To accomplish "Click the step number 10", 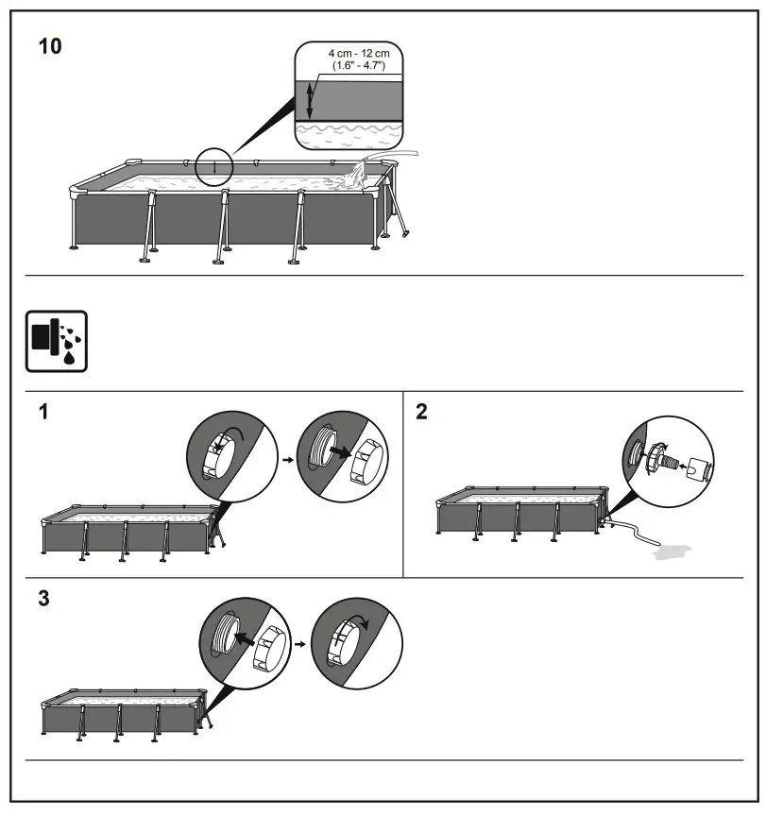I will coord(49,46).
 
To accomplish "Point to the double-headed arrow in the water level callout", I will coord(309,99).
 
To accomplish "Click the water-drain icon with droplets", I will coord(56,341).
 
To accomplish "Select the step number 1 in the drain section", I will coord(43,412).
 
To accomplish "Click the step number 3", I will coord(44,600).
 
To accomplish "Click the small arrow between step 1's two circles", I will coord(285,457).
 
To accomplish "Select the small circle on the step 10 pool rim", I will coord(214,168).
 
